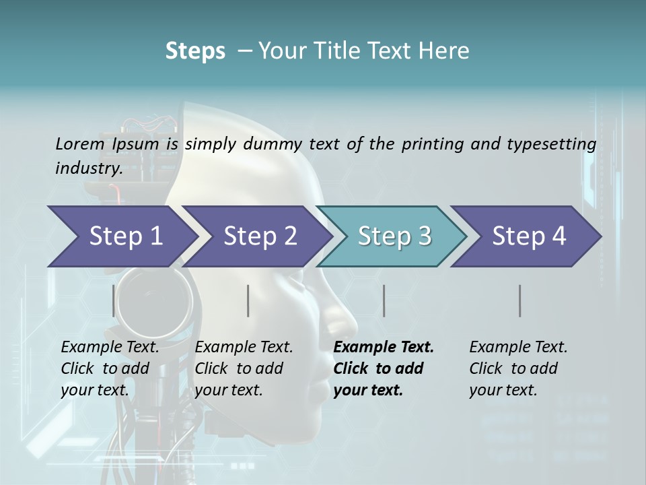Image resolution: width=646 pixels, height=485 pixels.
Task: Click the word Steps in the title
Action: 195,51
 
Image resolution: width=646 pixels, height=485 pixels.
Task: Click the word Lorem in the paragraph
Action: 79,143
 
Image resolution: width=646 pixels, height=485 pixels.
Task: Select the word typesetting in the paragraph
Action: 557,143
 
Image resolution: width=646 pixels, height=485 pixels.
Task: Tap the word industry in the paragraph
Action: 88,168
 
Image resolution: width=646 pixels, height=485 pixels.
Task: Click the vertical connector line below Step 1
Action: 114,300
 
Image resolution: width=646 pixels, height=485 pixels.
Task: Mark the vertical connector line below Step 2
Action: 248,300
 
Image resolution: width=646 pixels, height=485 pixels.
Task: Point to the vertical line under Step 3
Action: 384,300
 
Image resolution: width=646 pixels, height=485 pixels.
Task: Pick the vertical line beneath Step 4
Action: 519,300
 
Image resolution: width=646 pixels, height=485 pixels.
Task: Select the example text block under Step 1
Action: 110,368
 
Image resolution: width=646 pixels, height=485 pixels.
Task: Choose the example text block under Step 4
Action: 518,368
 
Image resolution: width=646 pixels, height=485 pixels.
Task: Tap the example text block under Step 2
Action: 244,368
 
